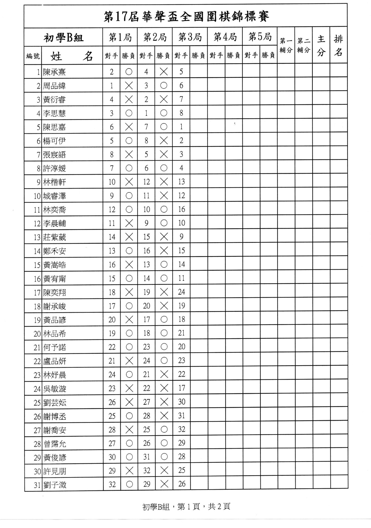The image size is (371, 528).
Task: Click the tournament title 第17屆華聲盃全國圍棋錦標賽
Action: (186, 16)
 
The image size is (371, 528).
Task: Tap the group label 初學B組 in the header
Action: (63, 38)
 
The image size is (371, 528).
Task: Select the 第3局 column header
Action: (190, 37)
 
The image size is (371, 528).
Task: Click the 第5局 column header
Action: (260, 37)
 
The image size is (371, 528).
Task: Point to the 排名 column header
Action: (338, 45)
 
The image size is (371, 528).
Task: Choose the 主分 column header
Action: (321, 45)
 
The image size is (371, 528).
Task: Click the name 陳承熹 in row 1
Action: (54, 72)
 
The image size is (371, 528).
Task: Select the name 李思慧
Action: (54, 113)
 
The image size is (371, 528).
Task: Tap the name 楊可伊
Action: (54, 141)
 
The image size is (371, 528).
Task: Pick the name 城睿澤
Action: (54, 196)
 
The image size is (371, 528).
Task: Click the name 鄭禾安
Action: (54, 251)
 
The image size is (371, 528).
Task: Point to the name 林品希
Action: (54, 334)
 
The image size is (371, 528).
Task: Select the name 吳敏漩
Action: (54, 389)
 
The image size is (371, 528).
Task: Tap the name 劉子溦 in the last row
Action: (55, 485)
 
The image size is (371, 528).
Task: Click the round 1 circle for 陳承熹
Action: (129, 72)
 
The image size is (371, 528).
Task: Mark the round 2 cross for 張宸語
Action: (164, 155)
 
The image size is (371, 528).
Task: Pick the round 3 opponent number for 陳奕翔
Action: (182, 292)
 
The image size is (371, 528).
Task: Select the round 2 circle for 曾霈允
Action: (164, 443)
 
